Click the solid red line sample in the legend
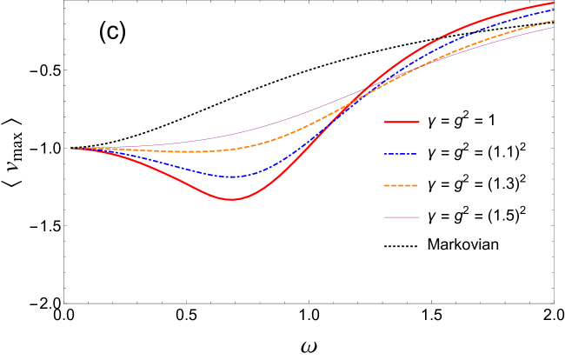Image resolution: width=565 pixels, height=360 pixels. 402,122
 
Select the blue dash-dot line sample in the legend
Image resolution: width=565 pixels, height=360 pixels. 402,154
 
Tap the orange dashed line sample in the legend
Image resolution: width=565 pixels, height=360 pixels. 402,185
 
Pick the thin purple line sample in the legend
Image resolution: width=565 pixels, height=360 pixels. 402,217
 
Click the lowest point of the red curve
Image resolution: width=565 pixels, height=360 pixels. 231,199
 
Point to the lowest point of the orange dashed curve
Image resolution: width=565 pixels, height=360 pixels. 196,152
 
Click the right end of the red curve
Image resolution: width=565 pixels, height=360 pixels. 554,3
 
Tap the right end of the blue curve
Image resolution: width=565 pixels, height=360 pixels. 554,10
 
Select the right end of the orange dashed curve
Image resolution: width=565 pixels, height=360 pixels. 554,21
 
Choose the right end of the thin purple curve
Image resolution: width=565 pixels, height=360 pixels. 554,27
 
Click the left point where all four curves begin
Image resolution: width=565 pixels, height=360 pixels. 71,148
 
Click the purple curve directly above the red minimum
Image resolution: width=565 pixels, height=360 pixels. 231,134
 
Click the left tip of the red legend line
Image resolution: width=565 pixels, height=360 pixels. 385,122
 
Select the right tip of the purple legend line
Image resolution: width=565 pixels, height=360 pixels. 419,217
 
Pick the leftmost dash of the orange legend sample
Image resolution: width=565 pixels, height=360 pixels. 387,185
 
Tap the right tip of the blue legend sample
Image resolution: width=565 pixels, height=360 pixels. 417,154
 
